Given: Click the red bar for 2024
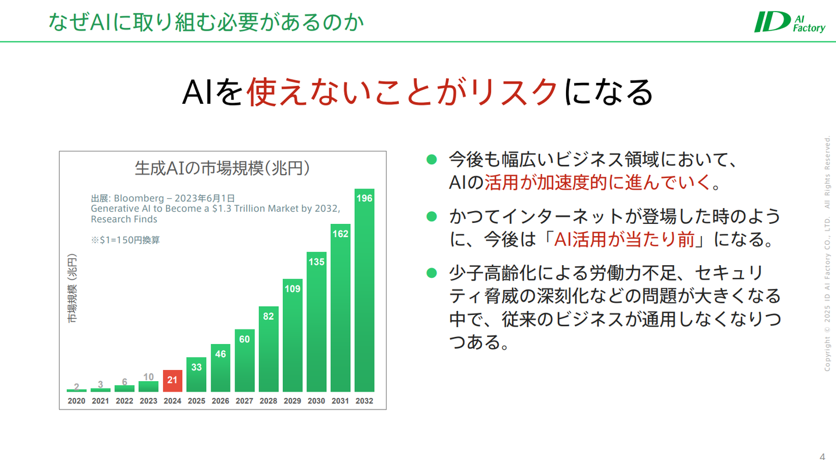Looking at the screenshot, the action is (172, 381).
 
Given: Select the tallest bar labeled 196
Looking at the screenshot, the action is (364, 290).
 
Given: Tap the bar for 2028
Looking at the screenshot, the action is (268, 349).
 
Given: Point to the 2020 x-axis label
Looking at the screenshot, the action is (77, 401).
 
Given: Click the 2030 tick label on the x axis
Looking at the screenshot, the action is (316, 401).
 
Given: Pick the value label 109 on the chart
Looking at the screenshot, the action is (292, 289).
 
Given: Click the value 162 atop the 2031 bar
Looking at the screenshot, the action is (340, 234).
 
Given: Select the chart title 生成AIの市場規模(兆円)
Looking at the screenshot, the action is (222, 168).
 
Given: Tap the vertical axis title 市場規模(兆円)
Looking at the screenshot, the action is (72, 288).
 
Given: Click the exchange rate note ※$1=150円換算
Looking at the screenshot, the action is (125, 240).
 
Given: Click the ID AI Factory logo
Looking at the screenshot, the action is (790, 22).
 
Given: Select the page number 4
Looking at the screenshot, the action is (822, 457).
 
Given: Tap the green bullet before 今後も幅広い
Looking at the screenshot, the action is (432, 160).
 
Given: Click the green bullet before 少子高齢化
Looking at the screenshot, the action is (432, 273).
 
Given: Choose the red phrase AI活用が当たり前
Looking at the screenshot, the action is (625, 240).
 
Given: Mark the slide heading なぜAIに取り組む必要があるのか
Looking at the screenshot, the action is (206, 22).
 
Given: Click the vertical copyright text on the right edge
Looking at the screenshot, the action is (827, 254).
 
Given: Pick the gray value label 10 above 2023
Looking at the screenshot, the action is (149, 377).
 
